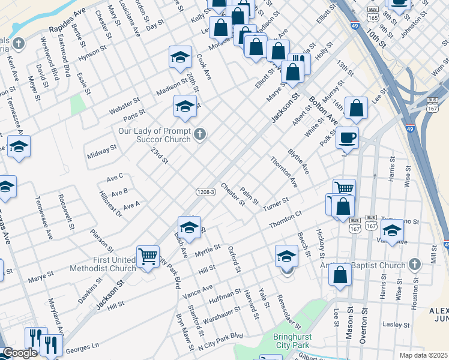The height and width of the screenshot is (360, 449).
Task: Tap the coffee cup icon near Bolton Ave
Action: (x=347, y=138)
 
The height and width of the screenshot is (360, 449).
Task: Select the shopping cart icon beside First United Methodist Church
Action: (x=148, y=256)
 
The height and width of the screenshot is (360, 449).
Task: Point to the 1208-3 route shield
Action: (x=205, y=192)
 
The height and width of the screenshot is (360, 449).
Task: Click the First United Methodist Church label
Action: (x=114, y=265)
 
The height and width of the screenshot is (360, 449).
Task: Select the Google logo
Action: (x=19, y=353)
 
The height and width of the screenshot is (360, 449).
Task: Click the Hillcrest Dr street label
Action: (x=110, y=203)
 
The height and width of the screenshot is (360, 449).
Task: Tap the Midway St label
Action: (x=102, y=151)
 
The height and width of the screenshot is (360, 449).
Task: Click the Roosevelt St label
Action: (x=65, y=211)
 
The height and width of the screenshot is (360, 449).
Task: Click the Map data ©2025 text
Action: (x=423, y=355)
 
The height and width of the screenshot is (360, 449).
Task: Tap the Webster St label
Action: (x=124, y=105)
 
